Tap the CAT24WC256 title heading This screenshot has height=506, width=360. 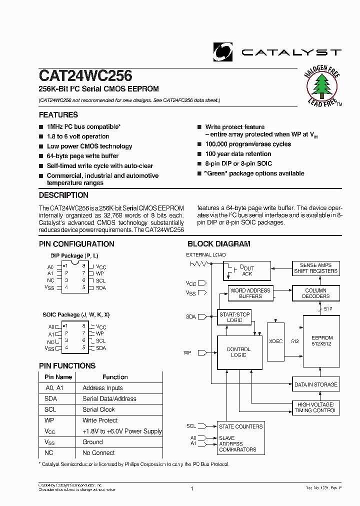(x=85, y=75)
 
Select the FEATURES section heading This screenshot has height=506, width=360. (x=58, y=115)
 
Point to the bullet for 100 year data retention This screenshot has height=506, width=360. (x=199, y=154)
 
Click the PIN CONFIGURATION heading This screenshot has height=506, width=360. (x=76, y=244)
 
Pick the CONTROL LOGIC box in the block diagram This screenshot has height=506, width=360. (x=238, y=352)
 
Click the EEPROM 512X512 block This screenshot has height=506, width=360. (x=321, y=340)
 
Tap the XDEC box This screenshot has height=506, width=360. (x=275, y=341)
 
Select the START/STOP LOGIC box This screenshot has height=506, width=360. (x=234, y=316)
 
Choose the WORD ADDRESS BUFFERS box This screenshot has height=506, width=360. (x=250, y=293)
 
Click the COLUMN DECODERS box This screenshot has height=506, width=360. (x=315, y=293)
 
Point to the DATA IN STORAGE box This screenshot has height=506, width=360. (x=315, y=384)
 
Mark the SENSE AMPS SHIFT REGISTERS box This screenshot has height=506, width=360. (x=315, y=268)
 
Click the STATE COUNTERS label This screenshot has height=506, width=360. (x=240, y=426)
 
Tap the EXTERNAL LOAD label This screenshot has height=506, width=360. (x=205, y=255)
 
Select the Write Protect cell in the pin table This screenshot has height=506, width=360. (x=100, y=420)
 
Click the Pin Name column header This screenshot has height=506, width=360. (x=58, y=377)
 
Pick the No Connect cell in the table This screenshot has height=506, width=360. (x=98, y=453)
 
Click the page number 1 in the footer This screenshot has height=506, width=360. (x=192, y=488)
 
